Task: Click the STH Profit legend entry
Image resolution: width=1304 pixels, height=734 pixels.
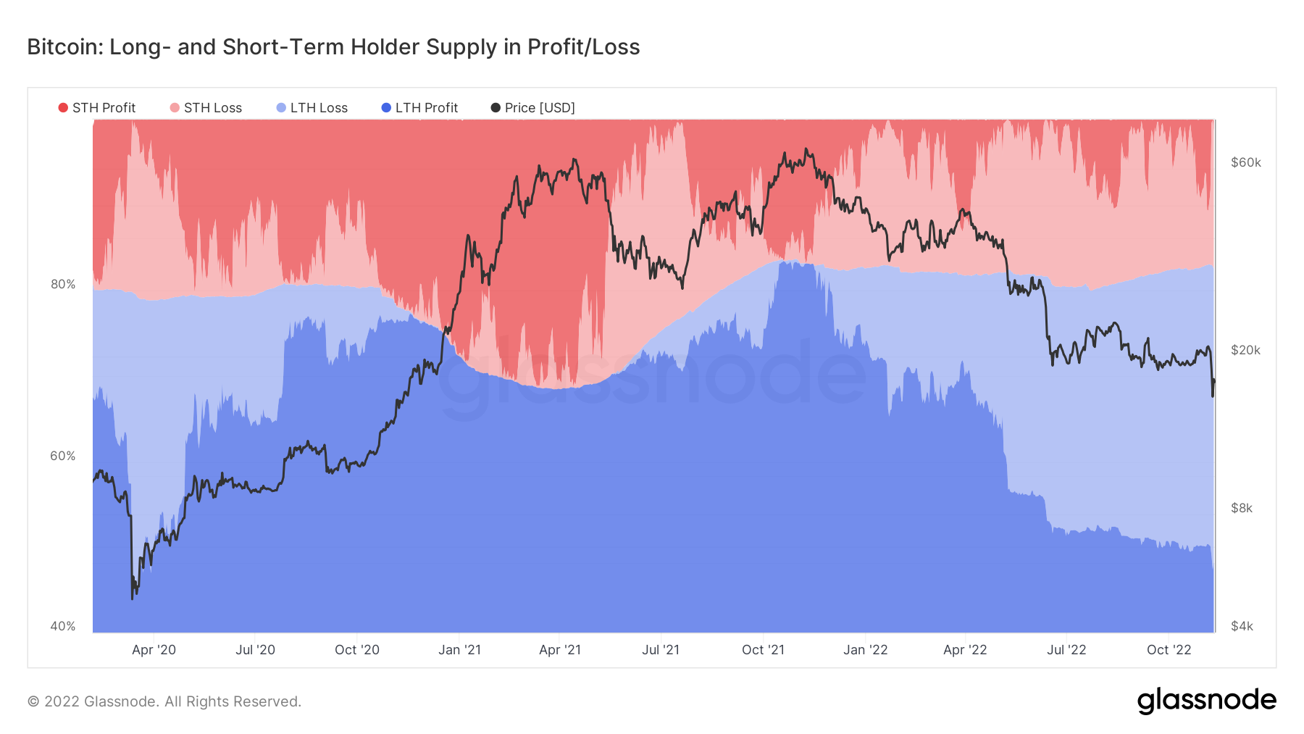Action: [x=97, y=108]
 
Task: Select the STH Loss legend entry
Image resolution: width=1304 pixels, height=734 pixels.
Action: [x=206, y=108]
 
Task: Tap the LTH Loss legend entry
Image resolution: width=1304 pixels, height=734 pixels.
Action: [x=312, y=108]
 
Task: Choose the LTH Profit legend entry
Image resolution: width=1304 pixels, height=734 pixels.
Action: [x=420, y=108]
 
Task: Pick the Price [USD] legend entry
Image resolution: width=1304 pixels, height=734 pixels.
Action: [x=533, y=108]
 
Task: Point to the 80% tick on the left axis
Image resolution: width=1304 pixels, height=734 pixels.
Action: [x=63, y=284]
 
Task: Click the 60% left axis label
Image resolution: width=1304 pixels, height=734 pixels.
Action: [x=63, y=456]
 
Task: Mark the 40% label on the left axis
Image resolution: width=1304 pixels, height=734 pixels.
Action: [x=63, y=626]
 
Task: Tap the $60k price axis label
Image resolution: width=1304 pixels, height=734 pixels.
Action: [x=1246, y=162]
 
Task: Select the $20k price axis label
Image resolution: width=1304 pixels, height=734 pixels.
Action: [x=1246, y=350]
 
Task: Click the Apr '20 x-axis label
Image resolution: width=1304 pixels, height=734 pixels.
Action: [x=154, y=650]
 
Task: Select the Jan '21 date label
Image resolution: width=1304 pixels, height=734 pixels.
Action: [x=459, y=650]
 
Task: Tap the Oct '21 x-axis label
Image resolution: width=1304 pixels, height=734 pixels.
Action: [x=763, y=650]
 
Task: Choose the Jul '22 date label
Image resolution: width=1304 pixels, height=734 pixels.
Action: [x=1066, y=650]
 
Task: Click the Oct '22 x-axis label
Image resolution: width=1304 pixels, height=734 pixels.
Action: [x=1169, y=650]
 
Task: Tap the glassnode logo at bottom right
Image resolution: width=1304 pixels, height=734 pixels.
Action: [x=1206, y=701]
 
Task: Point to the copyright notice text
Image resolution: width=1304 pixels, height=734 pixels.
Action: [x=164, y=701]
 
